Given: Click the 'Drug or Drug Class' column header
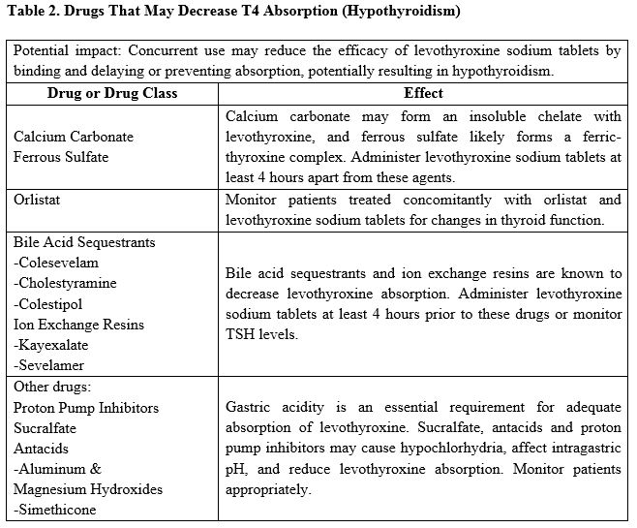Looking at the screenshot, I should coord(108,93).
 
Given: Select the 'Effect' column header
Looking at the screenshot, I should coord(423,93).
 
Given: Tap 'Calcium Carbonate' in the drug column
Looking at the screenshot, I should coord(74,137).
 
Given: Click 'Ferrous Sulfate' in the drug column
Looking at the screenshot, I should coord(61,156).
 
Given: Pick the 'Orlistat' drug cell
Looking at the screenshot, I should coord(40,201).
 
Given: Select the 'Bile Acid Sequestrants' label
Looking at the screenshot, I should coord(84,242).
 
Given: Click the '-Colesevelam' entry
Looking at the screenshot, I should coord(56,263).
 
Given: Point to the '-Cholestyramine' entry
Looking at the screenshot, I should coord(65,283).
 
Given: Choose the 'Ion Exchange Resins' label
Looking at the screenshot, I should coord(78,324).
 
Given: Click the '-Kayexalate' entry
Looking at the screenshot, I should coord(49,344).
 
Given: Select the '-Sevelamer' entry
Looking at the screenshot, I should coord(49,365).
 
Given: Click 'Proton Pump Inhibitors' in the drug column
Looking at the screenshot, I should coord(86,407).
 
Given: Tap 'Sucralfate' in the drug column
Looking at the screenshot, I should coord(45,427).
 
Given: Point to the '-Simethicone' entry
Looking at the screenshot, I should coord(55,510).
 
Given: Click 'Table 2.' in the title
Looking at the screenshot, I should coord(35,13).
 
